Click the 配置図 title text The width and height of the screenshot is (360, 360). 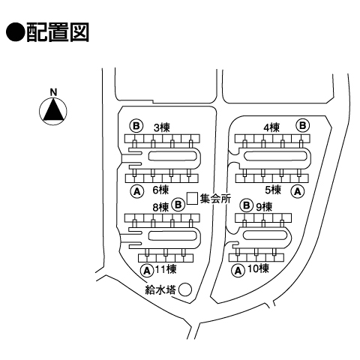click(57, 32)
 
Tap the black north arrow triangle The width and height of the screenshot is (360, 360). click(53, 110)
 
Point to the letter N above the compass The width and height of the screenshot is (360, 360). click(53, 92)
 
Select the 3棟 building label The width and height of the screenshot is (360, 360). click(162, 127)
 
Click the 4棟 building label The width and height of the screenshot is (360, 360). click(271, 127)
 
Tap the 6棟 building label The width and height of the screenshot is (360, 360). click(160, 190)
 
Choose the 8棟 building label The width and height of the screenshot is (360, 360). click(160, 207)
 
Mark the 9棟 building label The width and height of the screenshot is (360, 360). click(264, 207)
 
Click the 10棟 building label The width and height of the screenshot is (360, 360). click(258, 268)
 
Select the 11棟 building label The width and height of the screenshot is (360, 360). click(166, 269)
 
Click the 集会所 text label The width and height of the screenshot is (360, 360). click(215, 199)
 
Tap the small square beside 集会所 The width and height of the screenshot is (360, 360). click(193, 199)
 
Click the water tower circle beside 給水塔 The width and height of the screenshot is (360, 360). click(186, 289)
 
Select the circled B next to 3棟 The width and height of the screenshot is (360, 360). click(136, 126)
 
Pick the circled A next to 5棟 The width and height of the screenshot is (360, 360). click(298, 192)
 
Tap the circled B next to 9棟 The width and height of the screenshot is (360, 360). click(247, 205)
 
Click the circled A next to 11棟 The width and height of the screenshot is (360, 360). click(147, 270)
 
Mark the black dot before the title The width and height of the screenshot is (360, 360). click(15, 32)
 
